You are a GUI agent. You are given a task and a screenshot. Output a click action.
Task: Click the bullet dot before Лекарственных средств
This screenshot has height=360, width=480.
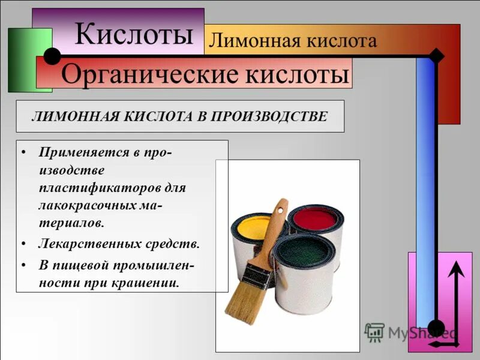22,244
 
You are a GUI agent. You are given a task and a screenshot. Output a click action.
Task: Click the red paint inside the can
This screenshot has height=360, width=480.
314,220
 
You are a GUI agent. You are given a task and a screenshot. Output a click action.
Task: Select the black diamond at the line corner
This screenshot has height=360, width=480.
437,56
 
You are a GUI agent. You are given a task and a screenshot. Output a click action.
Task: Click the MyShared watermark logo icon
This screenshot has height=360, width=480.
374,331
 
